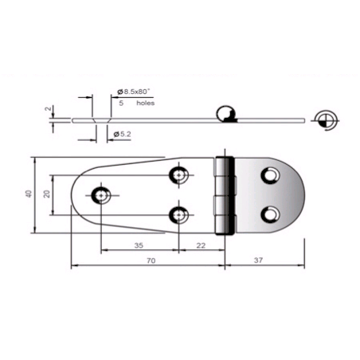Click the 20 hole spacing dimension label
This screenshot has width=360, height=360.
(x=49, y=194)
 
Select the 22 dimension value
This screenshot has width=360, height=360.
(x=201, y=246)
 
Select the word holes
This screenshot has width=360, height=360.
(x=144, y=104)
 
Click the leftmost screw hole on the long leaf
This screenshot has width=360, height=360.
(x=100, y=194)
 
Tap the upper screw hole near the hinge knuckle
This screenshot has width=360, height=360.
(x=178, y=174)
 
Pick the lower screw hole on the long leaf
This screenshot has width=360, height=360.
(x=178, y=213)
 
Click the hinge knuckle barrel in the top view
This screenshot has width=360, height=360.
(x=228, y=195)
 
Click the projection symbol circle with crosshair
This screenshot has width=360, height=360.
(x=325, y=119)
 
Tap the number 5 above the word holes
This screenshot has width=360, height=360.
(x=121, y=104)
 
